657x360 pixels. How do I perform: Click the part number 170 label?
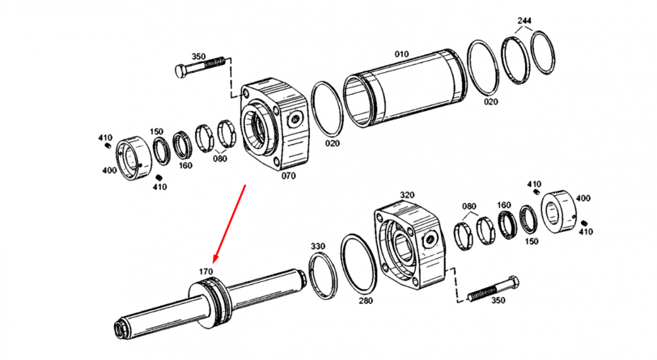point(206,271)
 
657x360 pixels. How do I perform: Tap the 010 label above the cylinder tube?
point(401,54)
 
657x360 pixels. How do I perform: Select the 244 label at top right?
point(524,20)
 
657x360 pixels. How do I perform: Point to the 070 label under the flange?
point(288,176)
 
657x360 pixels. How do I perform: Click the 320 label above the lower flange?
point(407,195)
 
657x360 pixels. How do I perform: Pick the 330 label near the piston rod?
point(317,246)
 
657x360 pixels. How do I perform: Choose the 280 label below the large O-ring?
point(365,300)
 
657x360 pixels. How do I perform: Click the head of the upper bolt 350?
point(181,71)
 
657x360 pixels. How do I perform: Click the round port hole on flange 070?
point(295,120)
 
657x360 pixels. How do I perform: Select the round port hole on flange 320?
point(429,241)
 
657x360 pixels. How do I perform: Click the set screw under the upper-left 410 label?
point(107,145)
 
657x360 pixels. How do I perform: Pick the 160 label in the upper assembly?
point(185,166)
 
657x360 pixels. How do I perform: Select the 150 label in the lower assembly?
point(532,241)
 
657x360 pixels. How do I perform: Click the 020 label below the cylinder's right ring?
point(491,102)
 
